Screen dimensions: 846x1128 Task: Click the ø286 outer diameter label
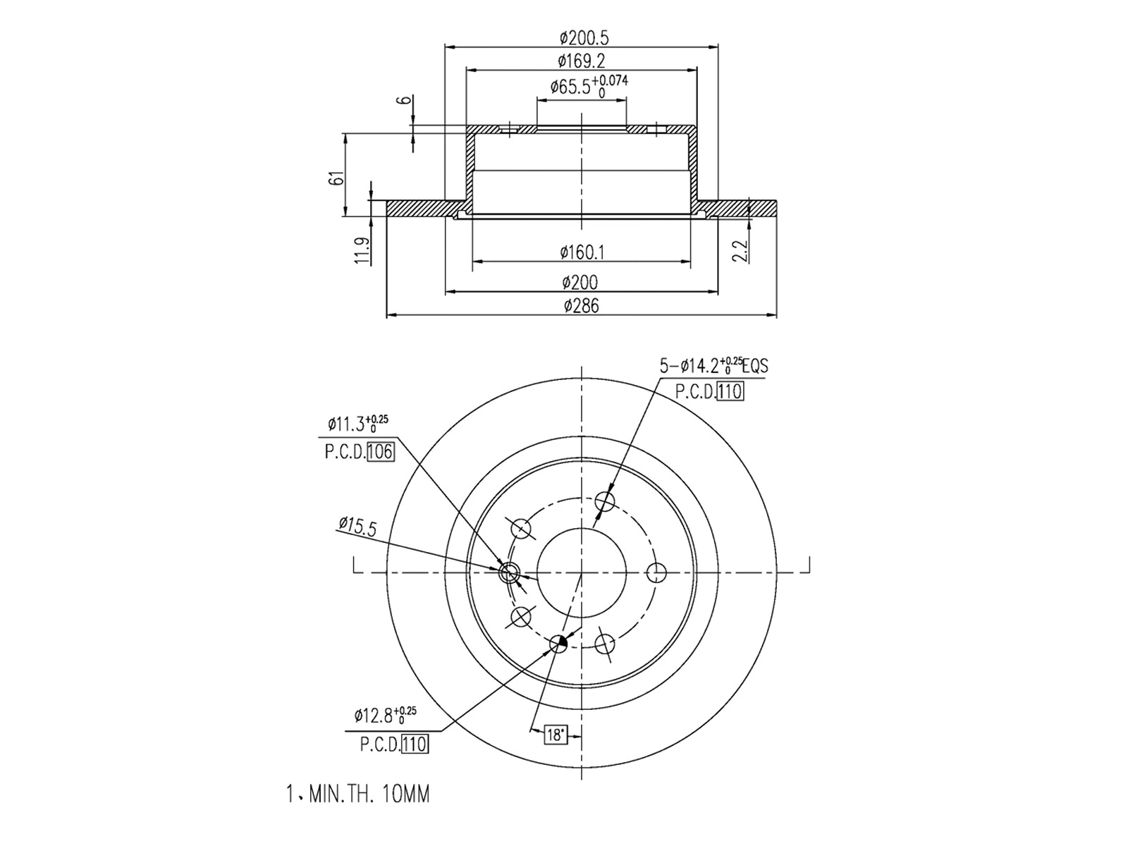click(582, 305)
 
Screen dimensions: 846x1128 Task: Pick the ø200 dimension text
click(580, 283)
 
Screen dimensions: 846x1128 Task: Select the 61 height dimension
click(338, 178)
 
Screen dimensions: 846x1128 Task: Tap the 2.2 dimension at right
click(740, 250)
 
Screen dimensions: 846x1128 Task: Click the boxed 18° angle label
click(556, 735)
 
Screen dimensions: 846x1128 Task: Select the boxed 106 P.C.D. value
click(380, 452)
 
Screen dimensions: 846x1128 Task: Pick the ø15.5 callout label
click(357, 525)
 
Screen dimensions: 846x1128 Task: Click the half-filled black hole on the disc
click(558, 643)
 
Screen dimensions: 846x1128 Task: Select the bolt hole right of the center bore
click(658, 572)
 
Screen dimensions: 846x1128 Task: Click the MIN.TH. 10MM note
click(357, 795)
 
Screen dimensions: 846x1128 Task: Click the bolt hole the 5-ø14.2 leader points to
click(605, 501)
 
